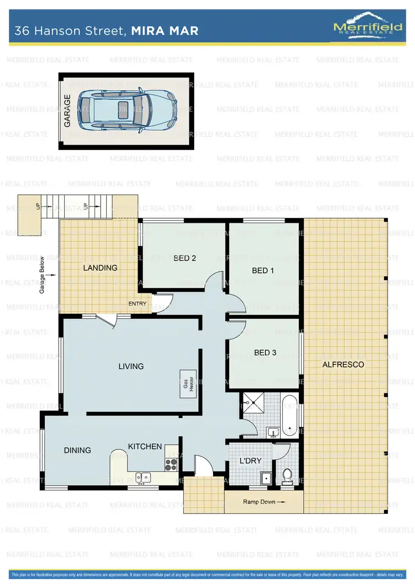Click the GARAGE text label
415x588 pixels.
68,111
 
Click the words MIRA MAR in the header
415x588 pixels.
165,31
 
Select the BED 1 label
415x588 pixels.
263,271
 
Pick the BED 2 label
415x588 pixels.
185,258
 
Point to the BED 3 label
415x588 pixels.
265,353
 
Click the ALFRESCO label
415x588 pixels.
343,364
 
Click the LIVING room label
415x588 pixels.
131,366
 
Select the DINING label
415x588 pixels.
77,450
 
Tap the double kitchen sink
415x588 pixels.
143,477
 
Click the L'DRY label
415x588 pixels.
250,461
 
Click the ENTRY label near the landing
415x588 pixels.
138,303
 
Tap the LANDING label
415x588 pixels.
100,267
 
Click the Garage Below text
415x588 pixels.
43,275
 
